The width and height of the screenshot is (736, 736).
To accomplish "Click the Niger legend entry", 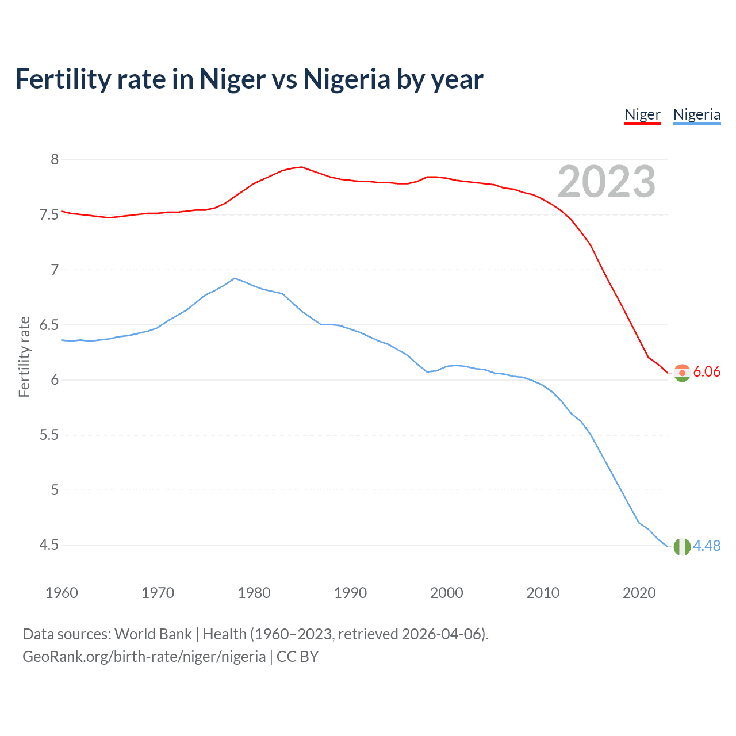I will click(642, 114).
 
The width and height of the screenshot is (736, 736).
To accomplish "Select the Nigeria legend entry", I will click(696, 114).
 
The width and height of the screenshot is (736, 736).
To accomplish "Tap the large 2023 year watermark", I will click(606, 182).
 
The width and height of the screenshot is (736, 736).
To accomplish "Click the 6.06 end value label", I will click(707, 372).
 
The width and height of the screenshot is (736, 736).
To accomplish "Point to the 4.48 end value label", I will click(707, 546).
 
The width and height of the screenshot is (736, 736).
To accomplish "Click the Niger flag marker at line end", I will click(682, 373).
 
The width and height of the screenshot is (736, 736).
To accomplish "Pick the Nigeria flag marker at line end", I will click(682, 546).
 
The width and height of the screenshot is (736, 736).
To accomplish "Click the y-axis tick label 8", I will click(55, 159).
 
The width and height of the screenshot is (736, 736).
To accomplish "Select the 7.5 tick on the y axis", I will click(49, 214).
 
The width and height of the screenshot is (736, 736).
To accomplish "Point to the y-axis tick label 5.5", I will click(49, 435).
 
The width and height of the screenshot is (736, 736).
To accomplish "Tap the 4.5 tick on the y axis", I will click(49, 545).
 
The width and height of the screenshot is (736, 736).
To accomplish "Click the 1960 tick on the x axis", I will click(62, 593).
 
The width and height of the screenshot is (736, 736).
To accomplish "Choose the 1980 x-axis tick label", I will click(254, 593).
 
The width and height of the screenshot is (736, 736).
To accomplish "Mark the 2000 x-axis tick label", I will click(447, 593).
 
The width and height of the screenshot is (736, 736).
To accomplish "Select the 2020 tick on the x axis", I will click(639, 593).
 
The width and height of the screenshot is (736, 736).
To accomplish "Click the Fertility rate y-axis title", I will click(24, 356).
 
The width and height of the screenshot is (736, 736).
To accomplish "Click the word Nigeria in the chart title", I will click(347, 79).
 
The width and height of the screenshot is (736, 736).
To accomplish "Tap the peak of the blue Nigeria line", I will click(234, 278).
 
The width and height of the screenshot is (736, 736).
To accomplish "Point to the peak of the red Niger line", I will click(301, 167).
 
